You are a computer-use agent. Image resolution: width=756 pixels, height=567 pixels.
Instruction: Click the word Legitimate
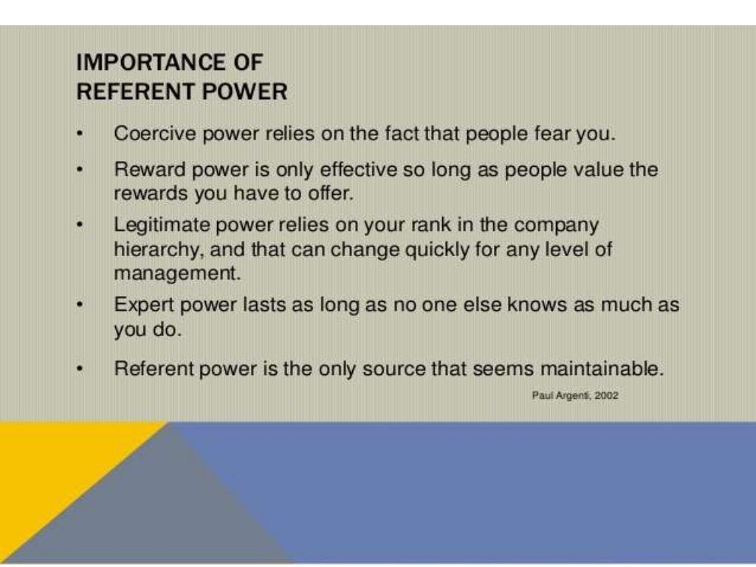[x=165, y=224]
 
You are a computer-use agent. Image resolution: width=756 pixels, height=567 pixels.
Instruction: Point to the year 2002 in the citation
[x=605, y=396]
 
